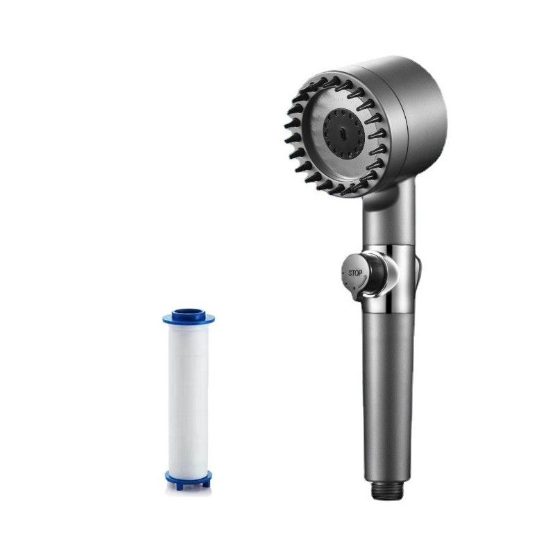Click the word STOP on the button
(355, 273)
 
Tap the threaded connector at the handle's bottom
(387, 491)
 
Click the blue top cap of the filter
(189, 317)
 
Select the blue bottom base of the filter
(189, 479)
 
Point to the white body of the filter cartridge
(189, 398)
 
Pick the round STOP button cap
(354, 275)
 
